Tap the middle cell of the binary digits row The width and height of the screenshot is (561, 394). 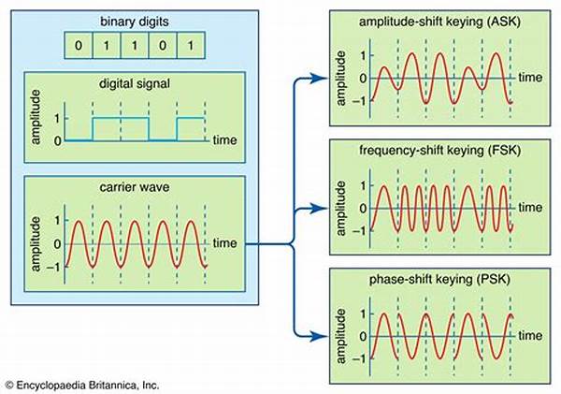[x=134, y=43]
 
